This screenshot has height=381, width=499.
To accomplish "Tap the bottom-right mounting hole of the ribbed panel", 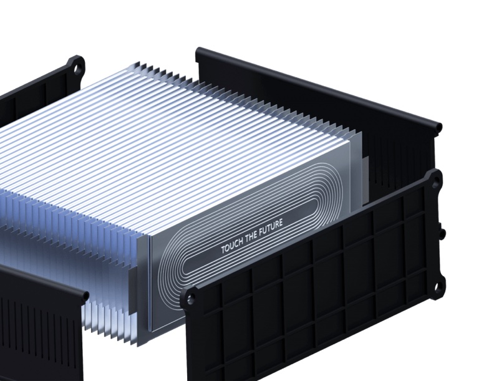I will (438, 287).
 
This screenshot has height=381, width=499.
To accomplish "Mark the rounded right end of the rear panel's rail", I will (438, 128).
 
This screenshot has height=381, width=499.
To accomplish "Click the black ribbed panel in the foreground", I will (312, 293).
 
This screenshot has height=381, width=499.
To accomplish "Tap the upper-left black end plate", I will (37, 94).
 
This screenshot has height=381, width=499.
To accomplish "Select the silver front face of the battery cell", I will (249, 262).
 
